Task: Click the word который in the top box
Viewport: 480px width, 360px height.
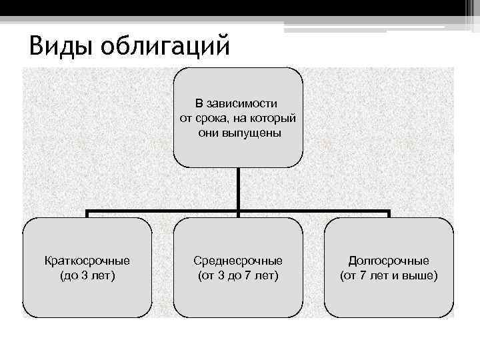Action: pos(273,118)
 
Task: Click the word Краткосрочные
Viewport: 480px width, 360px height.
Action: pos(87,261)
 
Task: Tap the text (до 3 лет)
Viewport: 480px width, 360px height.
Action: pos(87,275)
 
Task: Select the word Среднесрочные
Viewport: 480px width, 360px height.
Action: pos(238,261)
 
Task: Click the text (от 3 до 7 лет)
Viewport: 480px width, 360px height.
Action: pos(238,275)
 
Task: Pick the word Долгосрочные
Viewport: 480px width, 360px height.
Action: pos(389,261)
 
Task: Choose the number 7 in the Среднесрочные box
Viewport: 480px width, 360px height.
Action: pos(253,275)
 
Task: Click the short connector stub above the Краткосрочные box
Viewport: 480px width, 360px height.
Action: pos(87,214)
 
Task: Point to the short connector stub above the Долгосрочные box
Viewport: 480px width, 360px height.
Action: pos(389,214)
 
